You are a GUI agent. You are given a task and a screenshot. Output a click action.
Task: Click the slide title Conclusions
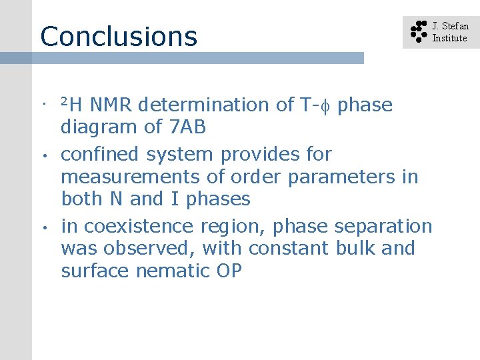pyautogui.click(x=119, y=36)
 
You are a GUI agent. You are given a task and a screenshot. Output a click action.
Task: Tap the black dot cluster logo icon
pyautogui.click(x=418, y=32)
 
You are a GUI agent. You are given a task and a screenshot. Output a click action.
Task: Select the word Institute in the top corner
pyautogui.click(x=449, y=38)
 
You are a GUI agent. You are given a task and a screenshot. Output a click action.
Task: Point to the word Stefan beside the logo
pyautogui.click(x=456, y=27)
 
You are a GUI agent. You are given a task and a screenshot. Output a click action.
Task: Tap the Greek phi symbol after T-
pyautogui.click(x=327, y=105)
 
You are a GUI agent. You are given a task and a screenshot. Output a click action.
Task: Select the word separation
pyautogui.click(x=383, y=226)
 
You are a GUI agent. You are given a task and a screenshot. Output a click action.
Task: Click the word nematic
pyautogui.click(x=183, y=271)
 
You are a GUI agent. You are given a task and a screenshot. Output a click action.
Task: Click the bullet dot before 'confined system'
pyautogui.click(x=41, y=155)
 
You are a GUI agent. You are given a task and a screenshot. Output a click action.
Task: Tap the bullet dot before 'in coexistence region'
pyautogui.click(x=41, y=227)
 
